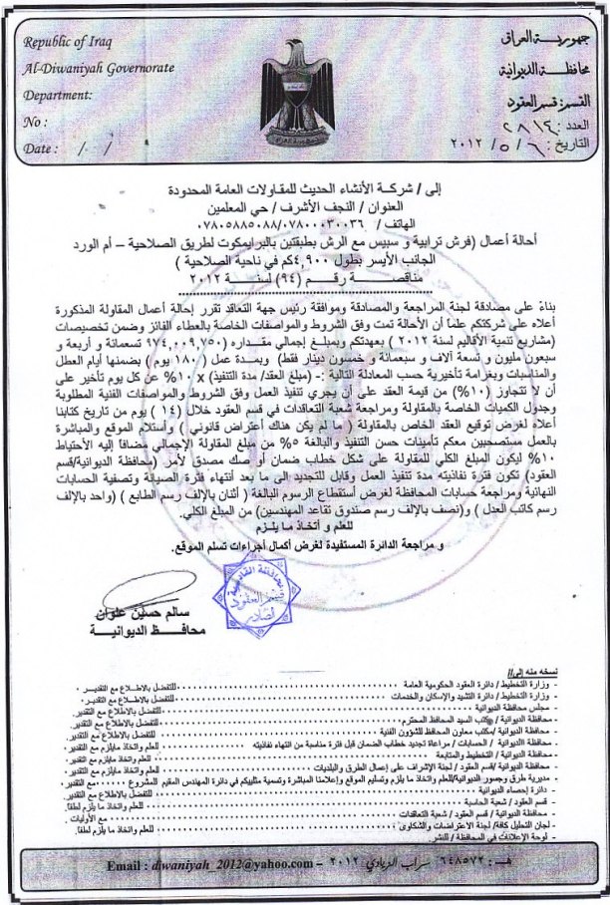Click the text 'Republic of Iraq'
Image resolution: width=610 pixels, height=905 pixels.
(71, 43)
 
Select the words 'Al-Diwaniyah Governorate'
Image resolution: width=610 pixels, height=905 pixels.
(101, 67)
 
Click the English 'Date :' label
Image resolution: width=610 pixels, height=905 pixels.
(39, 148)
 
